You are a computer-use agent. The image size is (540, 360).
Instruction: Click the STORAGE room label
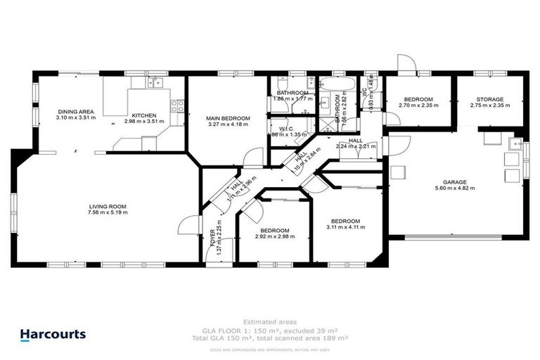coord(489,100)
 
